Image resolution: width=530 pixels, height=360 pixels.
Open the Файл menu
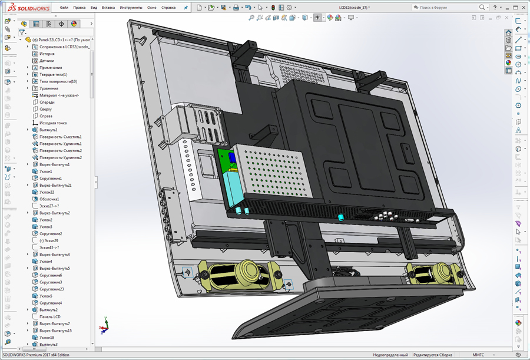coord(64,8)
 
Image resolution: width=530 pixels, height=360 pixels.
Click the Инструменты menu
coord(130,8)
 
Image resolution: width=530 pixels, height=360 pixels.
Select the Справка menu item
coord(168,8)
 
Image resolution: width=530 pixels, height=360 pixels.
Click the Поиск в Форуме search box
coord(446,8)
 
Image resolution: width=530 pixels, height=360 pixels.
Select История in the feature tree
coord(47,54)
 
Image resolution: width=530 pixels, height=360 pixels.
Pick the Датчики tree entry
coord(47,61)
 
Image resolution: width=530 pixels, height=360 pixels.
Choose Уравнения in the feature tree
coord(49,88)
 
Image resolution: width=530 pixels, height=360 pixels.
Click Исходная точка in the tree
coord(52,123)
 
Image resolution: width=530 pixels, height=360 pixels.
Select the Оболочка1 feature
coord(49,199)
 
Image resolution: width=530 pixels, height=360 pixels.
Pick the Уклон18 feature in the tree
coord(47,338)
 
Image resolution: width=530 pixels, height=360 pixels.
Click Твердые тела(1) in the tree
coord(53,75)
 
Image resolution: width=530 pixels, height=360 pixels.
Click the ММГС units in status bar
coord(478,355)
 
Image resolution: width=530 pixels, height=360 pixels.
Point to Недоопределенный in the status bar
coord(390,355)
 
